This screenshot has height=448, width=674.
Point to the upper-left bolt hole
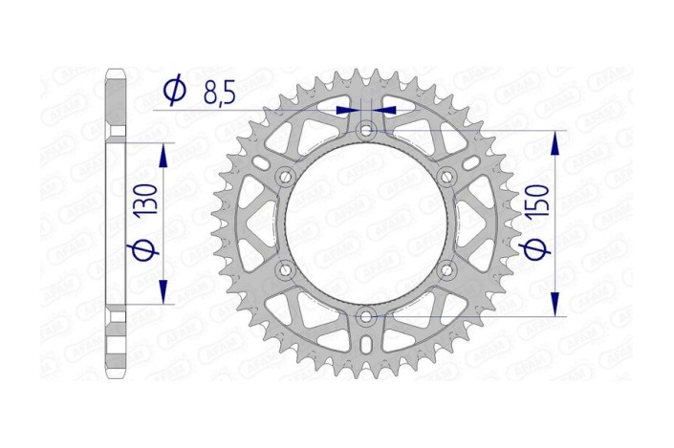(x=285, y=176)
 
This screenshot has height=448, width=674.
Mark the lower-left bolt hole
(x=285, y=269)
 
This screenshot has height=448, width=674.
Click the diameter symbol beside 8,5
(x=175, y=91)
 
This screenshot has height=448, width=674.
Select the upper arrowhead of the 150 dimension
(x=555, y=139)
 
